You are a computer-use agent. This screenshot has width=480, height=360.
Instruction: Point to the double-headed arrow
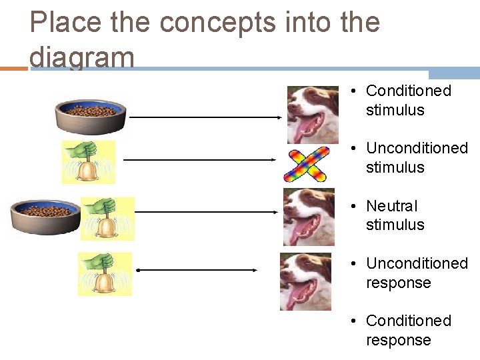pyautogui.click(x=197, y=270)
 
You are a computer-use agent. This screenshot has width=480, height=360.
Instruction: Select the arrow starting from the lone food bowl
pyautogui.click(x=205, y=117)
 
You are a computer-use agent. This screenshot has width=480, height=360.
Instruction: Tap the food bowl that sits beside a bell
pyautogui.click(x=45, y=217)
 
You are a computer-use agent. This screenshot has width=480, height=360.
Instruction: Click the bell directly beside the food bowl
pyautogui.click(x=107, y=218)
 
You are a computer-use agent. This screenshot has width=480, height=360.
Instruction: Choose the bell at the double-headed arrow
pyautogui.click(x=105, y=273)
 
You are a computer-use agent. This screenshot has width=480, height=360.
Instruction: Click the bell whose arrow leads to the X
pyautogui.click(x=88, y=162)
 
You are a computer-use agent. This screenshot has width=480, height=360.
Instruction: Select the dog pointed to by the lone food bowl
pyautogui.click(x=312, y=114)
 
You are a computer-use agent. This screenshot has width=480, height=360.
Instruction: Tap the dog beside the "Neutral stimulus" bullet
pyautogui.click(x=308, y=217)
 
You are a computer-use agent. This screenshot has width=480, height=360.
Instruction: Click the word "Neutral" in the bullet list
pyautogui.click(x=391, y=206)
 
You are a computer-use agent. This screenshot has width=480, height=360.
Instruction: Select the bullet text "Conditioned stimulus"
pyautogui.click(x=408, y=100)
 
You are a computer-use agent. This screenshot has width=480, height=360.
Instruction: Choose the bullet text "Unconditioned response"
pyautogui.click(x=417, y=273)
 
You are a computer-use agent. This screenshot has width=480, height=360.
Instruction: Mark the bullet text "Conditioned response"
pyautogui.click(x=408, y=330)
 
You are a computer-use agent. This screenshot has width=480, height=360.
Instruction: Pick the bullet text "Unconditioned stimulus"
pyautogui.click(x=417, y=157)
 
